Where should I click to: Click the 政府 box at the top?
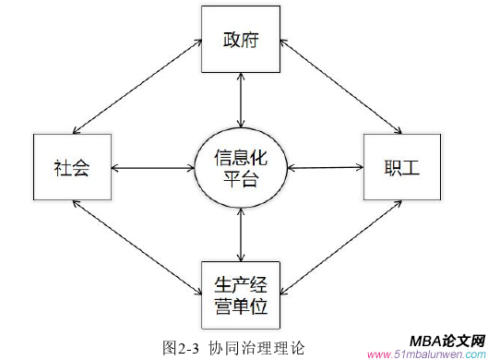click(x=241, y=40)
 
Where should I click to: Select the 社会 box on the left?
click(x=71, y=167)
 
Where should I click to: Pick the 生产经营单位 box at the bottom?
click(x=242, y=291)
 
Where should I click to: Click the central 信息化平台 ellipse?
click(x=242, y=167)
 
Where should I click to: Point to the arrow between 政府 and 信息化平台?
click(x=241, y=102)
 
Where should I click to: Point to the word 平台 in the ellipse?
click(x=242, y=178)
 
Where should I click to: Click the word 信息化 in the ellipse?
click(x=242, y=156)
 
